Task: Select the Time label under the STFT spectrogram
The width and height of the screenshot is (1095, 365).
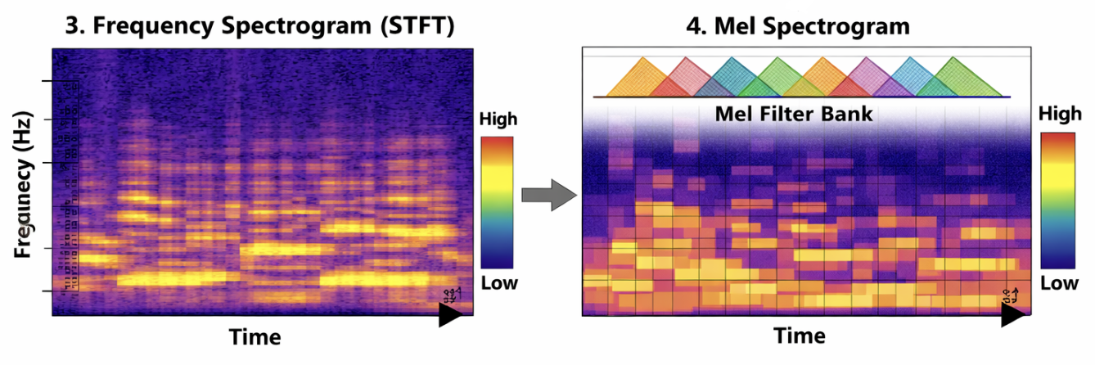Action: click(x=255, y=336)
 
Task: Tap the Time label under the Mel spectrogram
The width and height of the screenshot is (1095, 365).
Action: click(x=799, y=336)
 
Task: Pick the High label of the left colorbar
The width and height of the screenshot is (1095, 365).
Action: click(x=498, y=120)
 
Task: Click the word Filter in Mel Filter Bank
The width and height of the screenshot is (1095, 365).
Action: click(x=797, y=114)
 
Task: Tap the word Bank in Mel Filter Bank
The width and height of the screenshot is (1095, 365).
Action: click(x=850, y=114)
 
